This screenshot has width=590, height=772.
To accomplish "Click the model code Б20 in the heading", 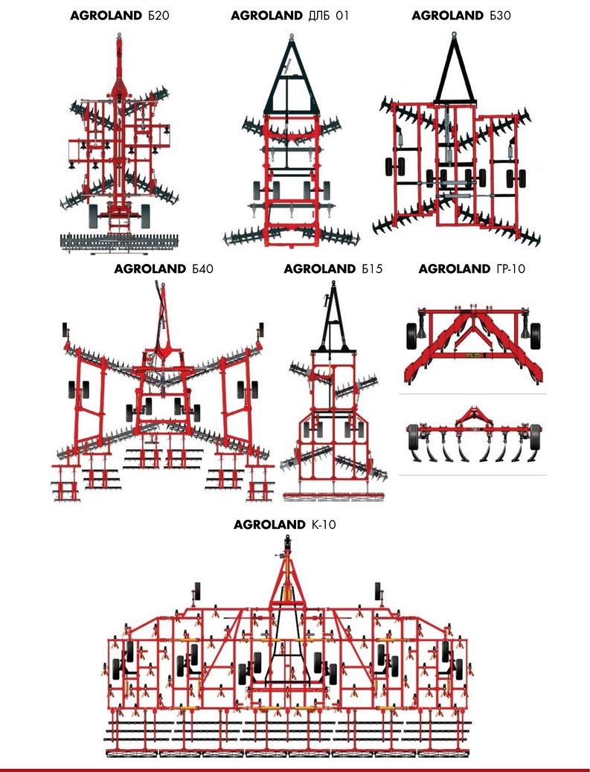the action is click(x=158, y=16).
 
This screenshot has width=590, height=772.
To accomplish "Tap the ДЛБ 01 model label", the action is click(x=328, y=16).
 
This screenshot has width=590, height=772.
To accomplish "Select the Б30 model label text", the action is click(x=500, y=16).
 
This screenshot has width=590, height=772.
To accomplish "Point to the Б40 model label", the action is click(x=202, y=268).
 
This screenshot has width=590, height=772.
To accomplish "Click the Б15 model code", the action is click(x=372, y=268).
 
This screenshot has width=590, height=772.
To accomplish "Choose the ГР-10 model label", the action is click(x=508, y=268).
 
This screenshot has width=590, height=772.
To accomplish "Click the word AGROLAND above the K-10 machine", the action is click(x=269, y=524).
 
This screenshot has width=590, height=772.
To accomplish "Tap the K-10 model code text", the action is click(x=324, y=524).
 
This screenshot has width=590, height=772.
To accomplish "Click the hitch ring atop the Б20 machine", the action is click(x=119, y=36).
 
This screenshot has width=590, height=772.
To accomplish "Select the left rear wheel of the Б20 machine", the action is click(x=93, y=216).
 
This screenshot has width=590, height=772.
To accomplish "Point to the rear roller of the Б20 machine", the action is click(x=119, y=242).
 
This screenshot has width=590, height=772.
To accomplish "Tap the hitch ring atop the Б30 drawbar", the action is click(x=454, y=35).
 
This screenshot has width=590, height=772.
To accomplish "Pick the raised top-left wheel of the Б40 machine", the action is click(x=65, y=329).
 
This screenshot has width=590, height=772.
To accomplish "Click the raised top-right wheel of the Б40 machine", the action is click(x=261, y=329).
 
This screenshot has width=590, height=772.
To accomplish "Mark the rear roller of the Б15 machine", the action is click(x=333, y=496).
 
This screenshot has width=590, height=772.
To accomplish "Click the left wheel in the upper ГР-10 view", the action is click(x=411, y=336).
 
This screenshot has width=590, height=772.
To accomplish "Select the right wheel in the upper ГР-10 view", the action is click(x=536, y=336).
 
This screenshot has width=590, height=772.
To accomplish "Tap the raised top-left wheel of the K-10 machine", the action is click(x=197, y=589).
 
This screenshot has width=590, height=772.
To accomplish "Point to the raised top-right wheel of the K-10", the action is click(x=378, y=589).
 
